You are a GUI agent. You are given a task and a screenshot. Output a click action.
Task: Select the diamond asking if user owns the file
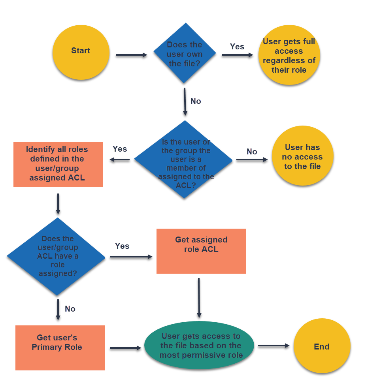point(185,53)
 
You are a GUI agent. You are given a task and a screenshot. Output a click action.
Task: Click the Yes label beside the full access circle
point(237,47)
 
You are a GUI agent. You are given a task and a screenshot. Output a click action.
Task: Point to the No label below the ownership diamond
point(196,101)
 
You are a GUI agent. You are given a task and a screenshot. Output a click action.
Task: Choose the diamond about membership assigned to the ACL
point(184,160)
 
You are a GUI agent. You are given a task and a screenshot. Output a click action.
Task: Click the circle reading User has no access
point(303,156)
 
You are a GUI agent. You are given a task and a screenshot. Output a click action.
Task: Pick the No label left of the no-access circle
point(252,152)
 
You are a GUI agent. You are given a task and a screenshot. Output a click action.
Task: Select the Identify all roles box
point(58,164)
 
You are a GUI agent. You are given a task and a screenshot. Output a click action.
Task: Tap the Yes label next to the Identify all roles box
point(120,149)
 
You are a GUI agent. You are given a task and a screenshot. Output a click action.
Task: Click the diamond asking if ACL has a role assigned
point(57,257)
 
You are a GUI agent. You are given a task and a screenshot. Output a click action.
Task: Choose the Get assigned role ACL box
point(201,251)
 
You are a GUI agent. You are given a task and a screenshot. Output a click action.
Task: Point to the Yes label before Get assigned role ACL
point(122,246)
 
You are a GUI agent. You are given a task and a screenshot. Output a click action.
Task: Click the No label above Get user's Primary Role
point(70,309)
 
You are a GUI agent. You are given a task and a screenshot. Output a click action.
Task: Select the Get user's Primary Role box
point(60,348)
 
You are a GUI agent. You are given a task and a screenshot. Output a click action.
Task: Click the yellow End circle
point(322,347)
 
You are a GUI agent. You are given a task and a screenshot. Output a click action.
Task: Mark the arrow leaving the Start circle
point(131,55)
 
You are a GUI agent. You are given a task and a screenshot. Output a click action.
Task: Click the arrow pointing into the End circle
point(273,346)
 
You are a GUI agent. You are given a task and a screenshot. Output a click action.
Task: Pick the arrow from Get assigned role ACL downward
point(199,298)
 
